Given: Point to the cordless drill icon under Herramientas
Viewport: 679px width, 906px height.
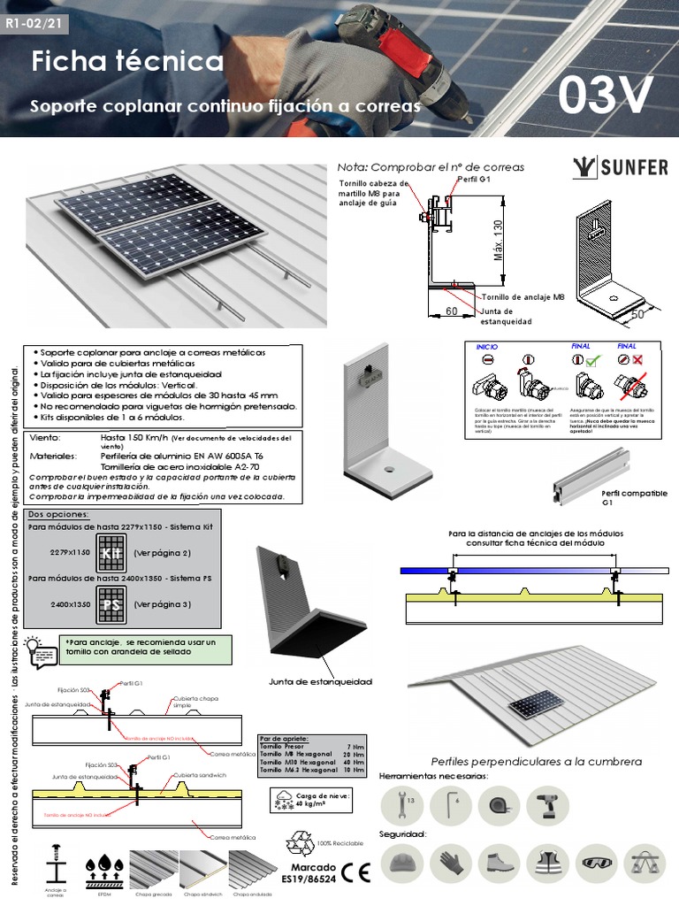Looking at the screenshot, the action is pyautogui.click(x=547, y=808).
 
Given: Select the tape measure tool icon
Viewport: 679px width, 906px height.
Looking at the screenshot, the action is pyautogui.click(x=500, y=808).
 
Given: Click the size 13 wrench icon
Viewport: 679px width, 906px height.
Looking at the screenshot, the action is pyautogui.click(x=403, y=808).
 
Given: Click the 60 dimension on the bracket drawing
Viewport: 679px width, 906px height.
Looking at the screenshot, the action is pyautogui.click(x=452, y=311).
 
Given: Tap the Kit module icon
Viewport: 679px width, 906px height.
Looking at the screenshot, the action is pyautogui.click(x=111, y=552).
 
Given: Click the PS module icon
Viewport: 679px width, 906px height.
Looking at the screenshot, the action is pyautogui.click(x=111, y=604).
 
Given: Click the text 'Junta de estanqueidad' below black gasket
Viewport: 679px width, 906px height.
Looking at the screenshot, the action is pyautogui.click(x=320, y=681).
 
